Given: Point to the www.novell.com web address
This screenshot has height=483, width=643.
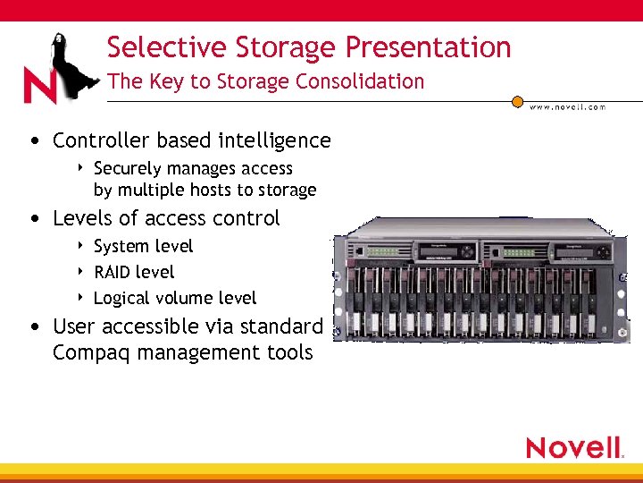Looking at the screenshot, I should pyautogui.click(x=567, y=107).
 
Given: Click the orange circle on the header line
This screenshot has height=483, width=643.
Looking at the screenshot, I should pyautogui.click(x=517, y=102).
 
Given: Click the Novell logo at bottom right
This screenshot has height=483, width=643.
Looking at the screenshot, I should pyautogui.click(x=574, y=446).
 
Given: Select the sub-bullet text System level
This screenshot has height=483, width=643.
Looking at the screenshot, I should pyautogui.click(x=143, y=246).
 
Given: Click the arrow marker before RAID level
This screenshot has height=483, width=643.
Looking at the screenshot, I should pyautogui.click(x=82, y=272).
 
